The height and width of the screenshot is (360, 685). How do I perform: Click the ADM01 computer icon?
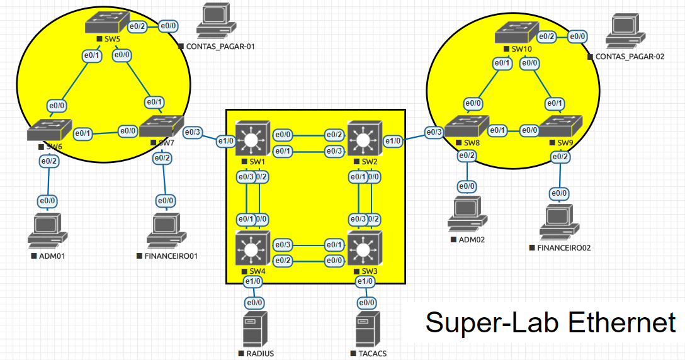coord(47,230)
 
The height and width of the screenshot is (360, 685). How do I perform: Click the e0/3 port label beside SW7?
coord(193,132)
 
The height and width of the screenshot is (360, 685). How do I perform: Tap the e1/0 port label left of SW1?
coord(225,140)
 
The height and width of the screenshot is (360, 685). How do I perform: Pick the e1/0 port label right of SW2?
coord(393,141)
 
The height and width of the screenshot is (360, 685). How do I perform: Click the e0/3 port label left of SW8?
coord(434,132)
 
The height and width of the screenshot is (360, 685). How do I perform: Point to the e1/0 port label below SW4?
coord(252,281)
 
